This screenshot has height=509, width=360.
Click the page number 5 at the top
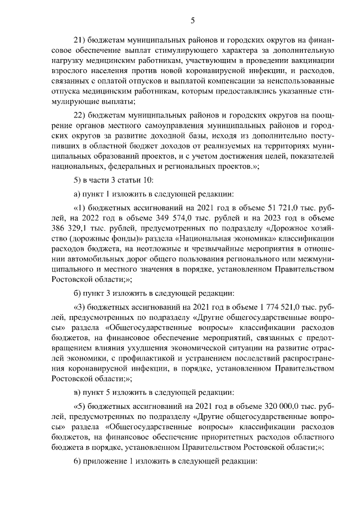(192, 21)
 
